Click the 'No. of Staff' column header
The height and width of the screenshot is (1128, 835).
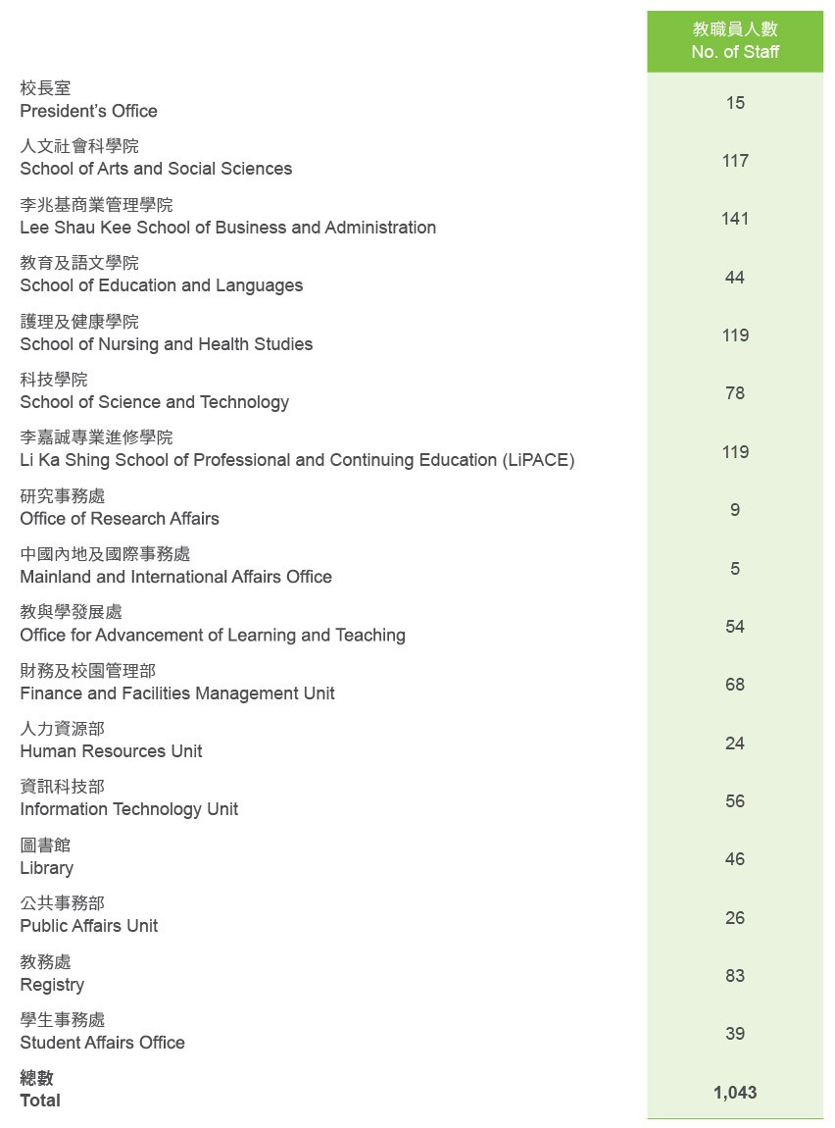735,52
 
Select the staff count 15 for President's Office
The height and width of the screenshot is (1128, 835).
735,102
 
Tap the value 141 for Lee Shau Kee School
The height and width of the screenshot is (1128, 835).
735,219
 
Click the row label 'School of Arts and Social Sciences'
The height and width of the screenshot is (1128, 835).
156,169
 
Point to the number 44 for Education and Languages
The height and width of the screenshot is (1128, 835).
735,278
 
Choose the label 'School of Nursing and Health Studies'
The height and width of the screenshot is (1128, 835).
167,344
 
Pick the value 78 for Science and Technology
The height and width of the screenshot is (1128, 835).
735,393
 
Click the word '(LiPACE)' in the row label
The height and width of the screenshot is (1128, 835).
538,460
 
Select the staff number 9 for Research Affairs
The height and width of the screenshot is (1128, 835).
735,510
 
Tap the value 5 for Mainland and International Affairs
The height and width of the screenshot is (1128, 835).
735,569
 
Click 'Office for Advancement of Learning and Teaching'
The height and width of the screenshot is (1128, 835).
213,636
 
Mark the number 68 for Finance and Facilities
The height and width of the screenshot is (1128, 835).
735,685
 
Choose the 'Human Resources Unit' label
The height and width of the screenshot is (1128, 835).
111,751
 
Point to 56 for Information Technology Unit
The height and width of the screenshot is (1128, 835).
735,801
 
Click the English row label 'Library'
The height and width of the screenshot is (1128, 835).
46,868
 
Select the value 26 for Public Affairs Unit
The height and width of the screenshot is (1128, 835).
735,918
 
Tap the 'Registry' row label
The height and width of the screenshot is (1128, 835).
52,985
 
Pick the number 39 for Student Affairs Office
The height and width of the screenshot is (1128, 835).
735,1034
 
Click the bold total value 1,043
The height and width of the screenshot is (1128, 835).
735,1093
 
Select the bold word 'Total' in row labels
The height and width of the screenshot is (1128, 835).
40,1101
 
